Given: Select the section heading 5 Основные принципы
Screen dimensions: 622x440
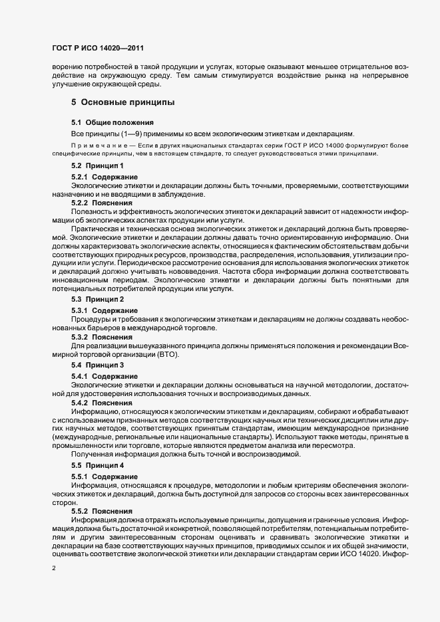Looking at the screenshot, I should pyautogui.click(x=123, y=103).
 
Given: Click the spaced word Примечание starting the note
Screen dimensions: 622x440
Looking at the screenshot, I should pyautogui.click(x=98, y=144).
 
